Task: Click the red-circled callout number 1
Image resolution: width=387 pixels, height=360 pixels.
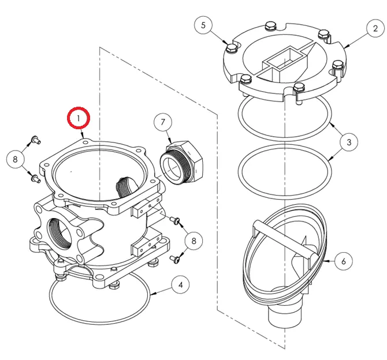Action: click(79, 118)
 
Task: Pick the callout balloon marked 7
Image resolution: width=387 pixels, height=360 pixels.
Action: click(163, 122)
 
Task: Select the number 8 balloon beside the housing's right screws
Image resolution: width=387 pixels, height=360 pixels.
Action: click(193, 240)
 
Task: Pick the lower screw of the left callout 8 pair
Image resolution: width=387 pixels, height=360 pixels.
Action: click(35, 177)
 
